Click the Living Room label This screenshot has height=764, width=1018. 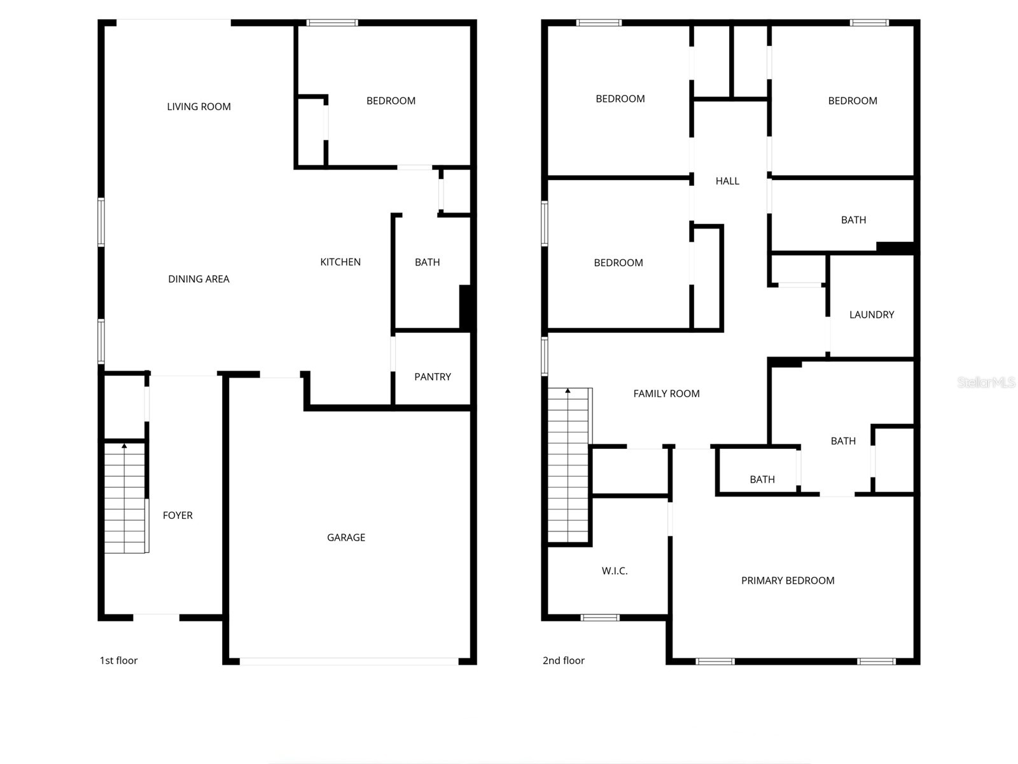click(x=199, y=106)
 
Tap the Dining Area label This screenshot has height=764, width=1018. click(x=199, y=279)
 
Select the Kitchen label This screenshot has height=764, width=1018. click(x=340, y=262)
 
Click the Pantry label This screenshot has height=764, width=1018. click(x=433, y=377)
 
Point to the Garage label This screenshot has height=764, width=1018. click(x=346, y=537)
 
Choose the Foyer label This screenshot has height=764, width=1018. click(x=178, y=515)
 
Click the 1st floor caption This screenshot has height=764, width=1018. click(x=118, y=660)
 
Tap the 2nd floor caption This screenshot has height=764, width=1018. click(x=563, y=660)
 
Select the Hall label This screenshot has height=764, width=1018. click(x=727, y=181)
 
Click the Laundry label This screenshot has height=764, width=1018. click(x=872, y=315)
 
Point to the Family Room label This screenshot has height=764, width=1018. click(x=666, y=393)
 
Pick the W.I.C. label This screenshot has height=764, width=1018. click(x=615, y=571)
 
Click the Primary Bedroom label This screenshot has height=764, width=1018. click(x=788, y=581)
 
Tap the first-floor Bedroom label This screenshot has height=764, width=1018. click(x=391, y=101)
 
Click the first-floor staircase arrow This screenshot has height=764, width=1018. click(x=125, y=446)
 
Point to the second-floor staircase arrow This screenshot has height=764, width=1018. click(x=568, y=391)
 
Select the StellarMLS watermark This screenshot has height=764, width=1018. click(x=986, y=382)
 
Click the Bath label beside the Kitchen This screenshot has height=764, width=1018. click(x=427, y=262)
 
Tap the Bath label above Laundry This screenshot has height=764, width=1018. click(x=853, y=220)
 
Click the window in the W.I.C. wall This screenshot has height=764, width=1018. click(x=600, y=617)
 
